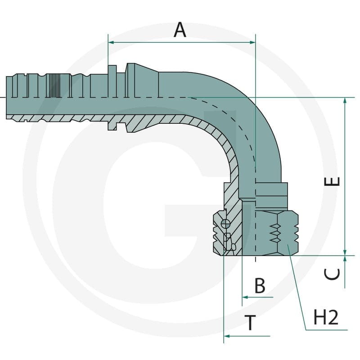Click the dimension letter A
(x=180, y=30)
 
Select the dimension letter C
(x=332, y=274)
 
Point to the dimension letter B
(x=260, y=285)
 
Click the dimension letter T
(x=250, y=323)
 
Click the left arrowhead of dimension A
(x=111, y=42)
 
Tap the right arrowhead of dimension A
(x=252, y=42)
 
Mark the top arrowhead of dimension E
(x=345, y=100)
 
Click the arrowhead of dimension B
(x=245, y=297)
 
